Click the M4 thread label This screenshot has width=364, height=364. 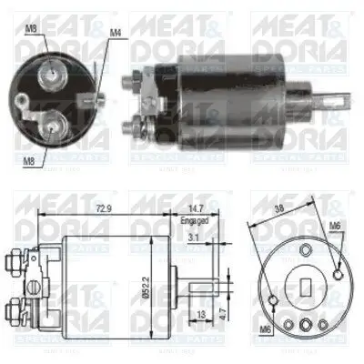coord(116,34)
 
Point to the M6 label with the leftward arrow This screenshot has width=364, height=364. coord(335,226)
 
